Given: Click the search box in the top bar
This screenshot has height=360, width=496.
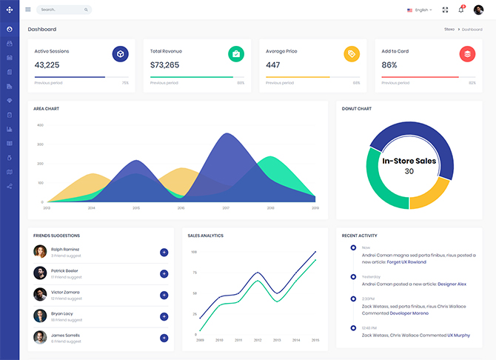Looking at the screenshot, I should (63, 10).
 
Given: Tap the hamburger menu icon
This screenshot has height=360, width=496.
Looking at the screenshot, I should (28, 10).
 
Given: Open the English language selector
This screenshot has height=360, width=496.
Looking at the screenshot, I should (420, 10).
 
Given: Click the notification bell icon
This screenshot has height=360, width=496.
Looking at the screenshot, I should (461, 10).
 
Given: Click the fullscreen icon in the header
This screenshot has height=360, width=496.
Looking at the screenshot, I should (445, 10).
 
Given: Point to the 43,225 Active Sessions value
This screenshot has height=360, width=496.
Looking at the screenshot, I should (47, 65).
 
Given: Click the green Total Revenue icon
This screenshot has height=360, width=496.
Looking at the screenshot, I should (236, 53).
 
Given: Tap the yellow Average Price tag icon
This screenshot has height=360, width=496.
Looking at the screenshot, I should (352, 53).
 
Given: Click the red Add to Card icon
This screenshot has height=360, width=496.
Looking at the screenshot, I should (467, 53).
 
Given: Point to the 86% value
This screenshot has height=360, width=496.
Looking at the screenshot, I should (389, 65).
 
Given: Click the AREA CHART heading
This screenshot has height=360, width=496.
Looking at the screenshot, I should (46, 109).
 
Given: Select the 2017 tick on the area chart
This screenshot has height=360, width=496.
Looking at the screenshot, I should (226, 208).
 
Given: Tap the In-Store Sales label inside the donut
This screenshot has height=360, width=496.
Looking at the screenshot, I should (409, 160).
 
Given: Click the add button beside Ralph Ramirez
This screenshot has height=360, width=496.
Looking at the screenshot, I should (164, 253).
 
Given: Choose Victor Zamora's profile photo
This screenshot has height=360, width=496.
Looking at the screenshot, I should (40, 294).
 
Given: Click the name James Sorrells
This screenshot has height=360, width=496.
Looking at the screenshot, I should (65, 335).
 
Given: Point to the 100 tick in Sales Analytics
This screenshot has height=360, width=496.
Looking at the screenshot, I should (194, 252).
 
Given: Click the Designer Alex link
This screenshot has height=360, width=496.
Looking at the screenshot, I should (452, 284).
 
